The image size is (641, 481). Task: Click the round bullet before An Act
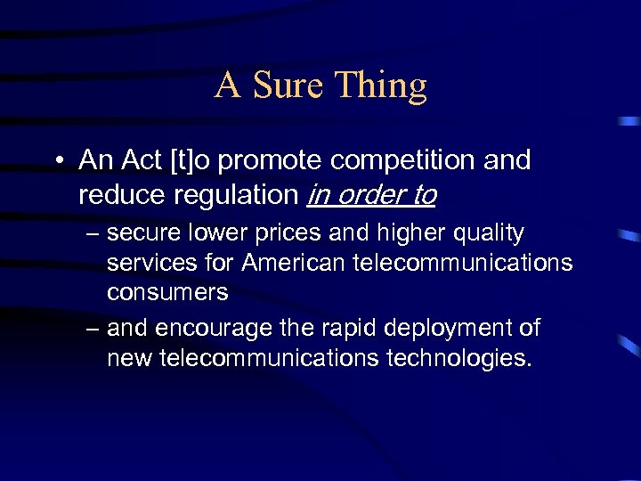pyautogui.click(x=56, y=162)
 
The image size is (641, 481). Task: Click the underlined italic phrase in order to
pyautogui.click(x=370, y=195)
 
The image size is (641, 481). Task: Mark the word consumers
pyautogui.click(x=167, y=292)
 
